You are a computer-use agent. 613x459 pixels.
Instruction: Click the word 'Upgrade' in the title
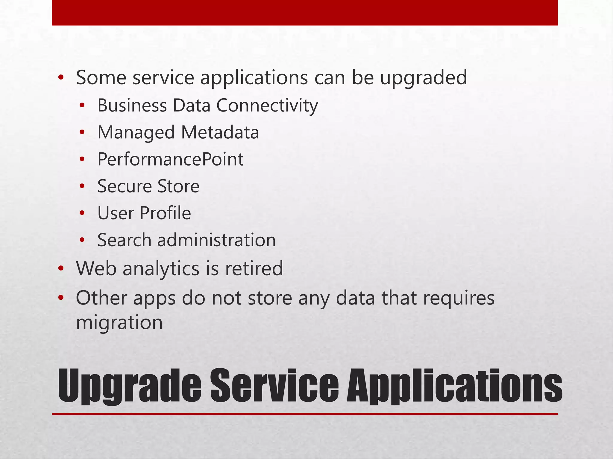[x=129, y=386]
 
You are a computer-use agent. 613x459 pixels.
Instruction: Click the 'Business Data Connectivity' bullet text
[x=207, y=106]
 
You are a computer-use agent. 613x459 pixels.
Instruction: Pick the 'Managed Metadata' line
[x=178, y=133]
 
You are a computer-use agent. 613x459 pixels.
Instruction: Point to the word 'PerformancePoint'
[x=170, y=159]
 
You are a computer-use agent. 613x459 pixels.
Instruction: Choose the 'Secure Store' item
[x=148, y=186]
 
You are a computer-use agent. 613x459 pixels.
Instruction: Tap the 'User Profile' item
[x=144, y=213]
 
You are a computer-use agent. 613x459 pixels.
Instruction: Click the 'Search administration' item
[x=186, y=240]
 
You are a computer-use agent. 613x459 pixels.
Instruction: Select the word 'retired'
[x=254, y=268]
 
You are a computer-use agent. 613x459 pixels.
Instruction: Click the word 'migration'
[x=119, y=323]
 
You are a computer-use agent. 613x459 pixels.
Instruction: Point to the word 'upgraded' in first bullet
[x=423, y=78]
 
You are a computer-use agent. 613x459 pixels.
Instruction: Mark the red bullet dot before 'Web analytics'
[x=61, y=269]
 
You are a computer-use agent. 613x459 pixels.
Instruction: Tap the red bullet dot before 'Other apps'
[x=61, y=298]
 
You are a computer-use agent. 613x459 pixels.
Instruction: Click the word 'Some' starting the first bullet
[x=101, y=78]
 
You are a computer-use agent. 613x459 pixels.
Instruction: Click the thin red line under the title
[x=305, y=414]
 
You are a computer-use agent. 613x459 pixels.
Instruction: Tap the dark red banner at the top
[x=305, y=13]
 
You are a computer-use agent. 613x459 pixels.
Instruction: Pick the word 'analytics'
[x=161, y=268]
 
